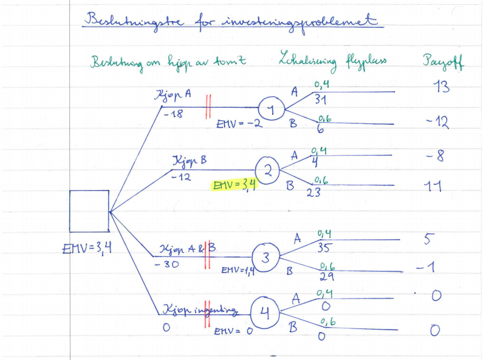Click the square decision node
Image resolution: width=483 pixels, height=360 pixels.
tap(89, 210)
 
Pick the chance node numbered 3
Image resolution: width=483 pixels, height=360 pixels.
tap(265, 258)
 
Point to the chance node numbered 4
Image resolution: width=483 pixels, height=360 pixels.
tap(263, 313)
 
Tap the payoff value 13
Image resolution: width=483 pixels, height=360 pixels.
tap(442, 87)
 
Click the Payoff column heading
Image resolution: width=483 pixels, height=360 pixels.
tap(443, 62)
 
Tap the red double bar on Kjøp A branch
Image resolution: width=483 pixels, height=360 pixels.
tap(208, 106)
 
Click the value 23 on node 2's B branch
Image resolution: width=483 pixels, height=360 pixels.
tap(314, 192)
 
